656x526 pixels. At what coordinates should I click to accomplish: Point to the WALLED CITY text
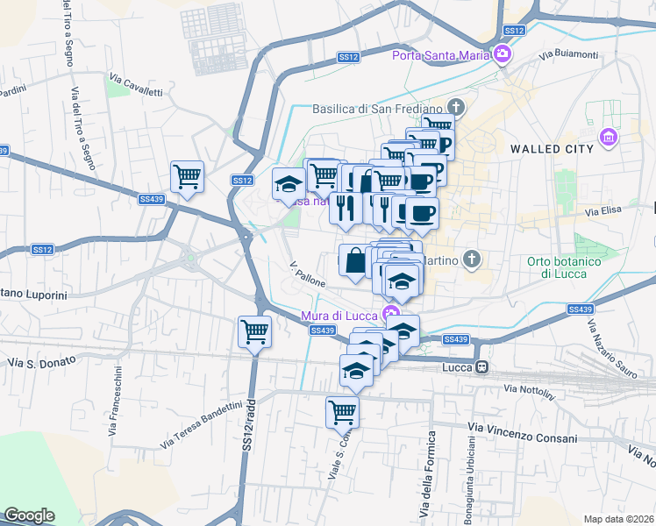552,149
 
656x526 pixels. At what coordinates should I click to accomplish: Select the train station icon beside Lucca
481,366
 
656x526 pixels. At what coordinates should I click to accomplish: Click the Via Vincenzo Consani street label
524,432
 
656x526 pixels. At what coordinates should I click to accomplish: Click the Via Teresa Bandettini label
201,424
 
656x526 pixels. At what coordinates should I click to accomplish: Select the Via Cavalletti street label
136,85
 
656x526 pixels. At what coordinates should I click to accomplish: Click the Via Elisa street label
603,211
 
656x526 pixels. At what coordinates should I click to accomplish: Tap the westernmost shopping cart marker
187,177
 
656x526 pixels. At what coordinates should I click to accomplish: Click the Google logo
29,515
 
